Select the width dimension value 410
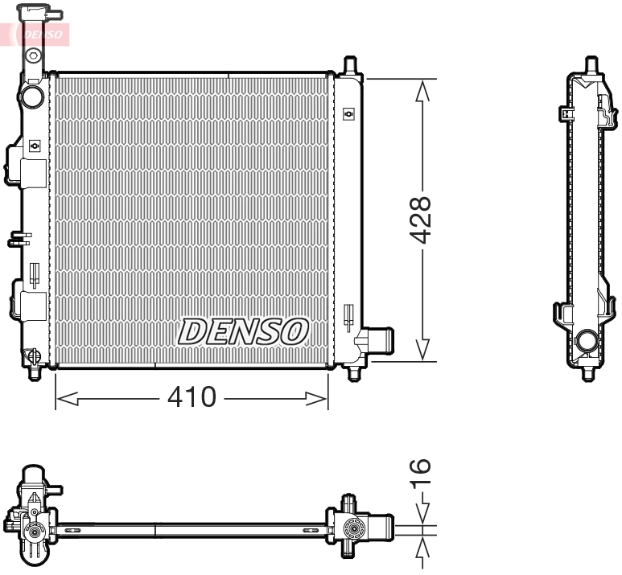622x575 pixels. pyautogui.click(x=192, y=397)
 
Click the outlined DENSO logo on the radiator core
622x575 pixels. pyautogui.click(x=243, y=331)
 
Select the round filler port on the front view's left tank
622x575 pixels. pyautogui.click(x=33, y=97)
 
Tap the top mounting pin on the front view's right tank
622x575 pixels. pyautogui.click(x=349, y=65)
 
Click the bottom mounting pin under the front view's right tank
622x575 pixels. pyautogui.click(x=352, y=373)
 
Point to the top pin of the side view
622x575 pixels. pyautogui.click(x=590, y=64)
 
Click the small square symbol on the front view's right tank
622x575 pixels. pyautogui.click(x=348, y=114)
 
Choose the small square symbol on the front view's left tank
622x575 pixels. pyautogui.click(x=34, y=146)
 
